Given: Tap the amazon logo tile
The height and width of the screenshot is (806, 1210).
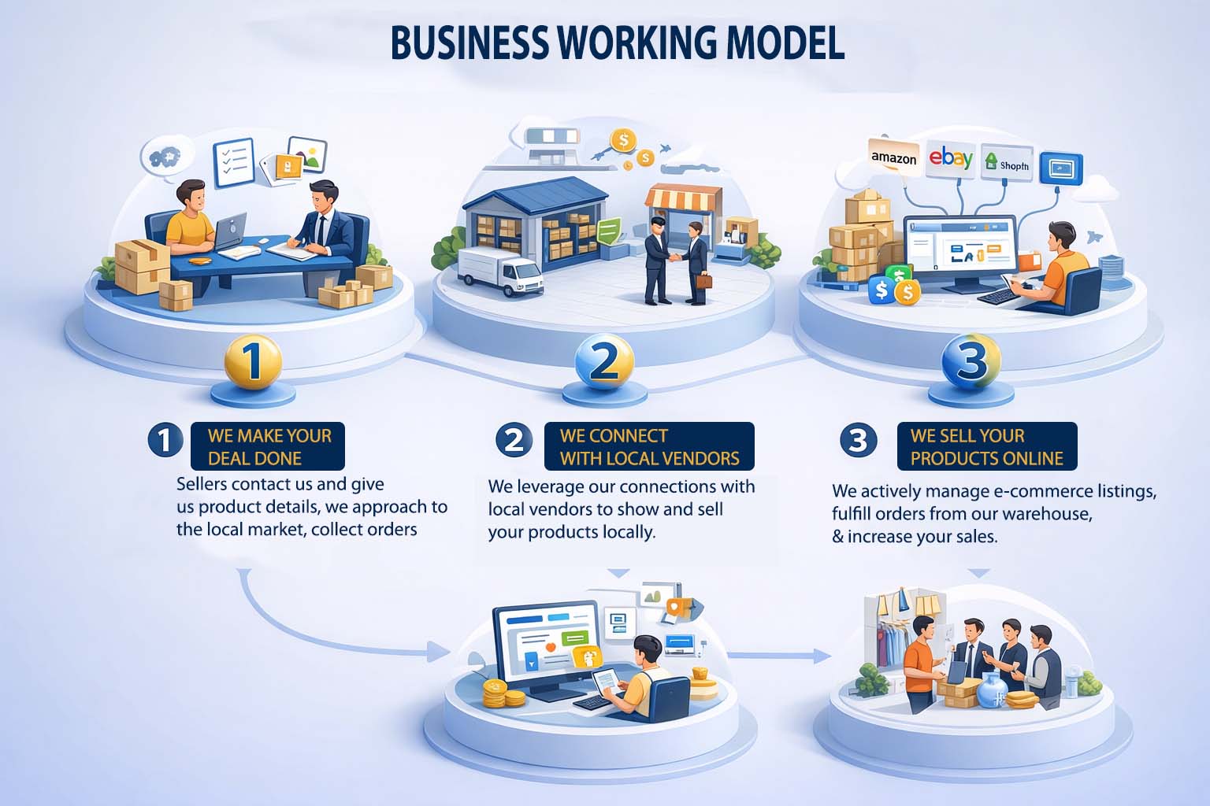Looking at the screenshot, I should [893, 157].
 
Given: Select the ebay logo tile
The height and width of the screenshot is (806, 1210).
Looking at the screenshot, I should [951, 159].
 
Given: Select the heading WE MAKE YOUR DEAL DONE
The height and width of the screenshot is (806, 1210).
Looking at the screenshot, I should [268, 446].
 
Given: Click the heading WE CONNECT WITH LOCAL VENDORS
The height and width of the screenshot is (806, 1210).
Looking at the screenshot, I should [649, 446].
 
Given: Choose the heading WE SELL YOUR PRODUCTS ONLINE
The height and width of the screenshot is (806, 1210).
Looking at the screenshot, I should [986, 446].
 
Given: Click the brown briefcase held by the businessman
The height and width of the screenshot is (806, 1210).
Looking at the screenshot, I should [703, 281].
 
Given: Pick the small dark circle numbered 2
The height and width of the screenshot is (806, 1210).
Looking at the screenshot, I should [514, 438].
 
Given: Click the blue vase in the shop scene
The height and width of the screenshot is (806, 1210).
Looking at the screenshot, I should [990, 693].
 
